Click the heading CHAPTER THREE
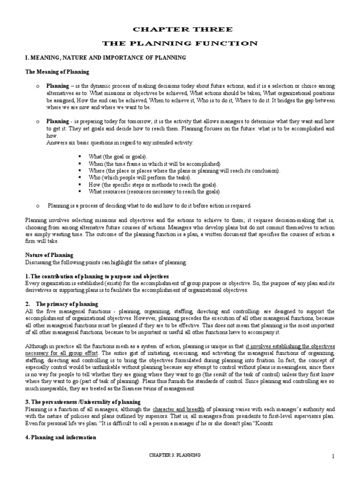[x=180, y=30]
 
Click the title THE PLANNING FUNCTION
[x=180, y=43]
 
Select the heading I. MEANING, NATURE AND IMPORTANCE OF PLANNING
[x=99, y=57]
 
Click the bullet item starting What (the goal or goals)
[x=119, y=156]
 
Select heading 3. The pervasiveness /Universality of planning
[x=82, y=402]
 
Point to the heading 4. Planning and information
[x=60, y=437]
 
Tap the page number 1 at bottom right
[x=333, y=457]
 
